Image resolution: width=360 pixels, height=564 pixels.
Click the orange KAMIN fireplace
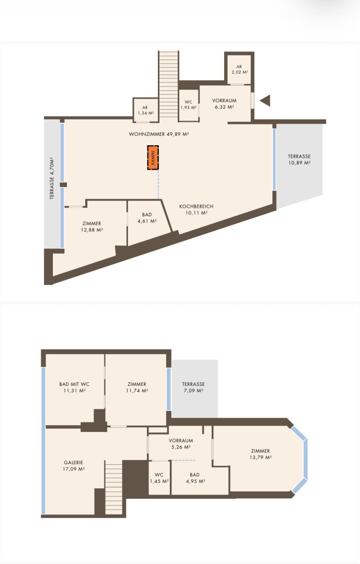click(153, 158)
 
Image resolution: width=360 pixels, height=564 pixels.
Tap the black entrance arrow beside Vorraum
click(265, 100)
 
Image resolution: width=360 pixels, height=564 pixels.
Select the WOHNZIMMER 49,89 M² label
click(159, 134)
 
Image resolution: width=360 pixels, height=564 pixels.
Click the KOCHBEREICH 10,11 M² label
click(196, 210)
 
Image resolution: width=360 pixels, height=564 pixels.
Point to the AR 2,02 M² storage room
click(239, 69)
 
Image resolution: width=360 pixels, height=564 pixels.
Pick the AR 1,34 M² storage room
click(145, 110)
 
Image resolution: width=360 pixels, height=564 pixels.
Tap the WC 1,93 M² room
click(188, 104)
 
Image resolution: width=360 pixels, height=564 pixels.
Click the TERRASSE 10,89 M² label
click(299, 159)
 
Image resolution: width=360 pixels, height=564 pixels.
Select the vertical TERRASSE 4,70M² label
click(52, 179)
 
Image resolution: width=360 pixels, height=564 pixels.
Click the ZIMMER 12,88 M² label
click(92, 227)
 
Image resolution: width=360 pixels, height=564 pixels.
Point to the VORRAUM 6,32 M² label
click(224, 103)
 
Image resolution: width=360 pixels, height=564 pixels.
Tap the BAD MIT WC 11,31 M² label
click(74, 387)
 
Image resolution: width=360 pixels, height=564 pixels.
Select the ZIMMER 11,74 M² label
click(137, 387)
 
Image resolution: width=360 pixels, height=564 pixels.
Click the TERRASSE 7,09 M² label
click(193, 387)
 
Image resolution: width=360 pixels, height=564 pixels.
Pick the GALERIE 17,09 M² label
click(74, 466)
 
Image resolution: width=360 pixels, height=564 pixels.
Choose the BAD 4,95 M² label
click(195, 478)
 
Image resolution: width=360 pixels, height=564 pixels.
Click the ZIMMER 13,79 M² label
click(260, 454)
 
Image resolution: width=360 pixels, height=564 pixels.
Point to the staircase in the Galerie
click(114, 489)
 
